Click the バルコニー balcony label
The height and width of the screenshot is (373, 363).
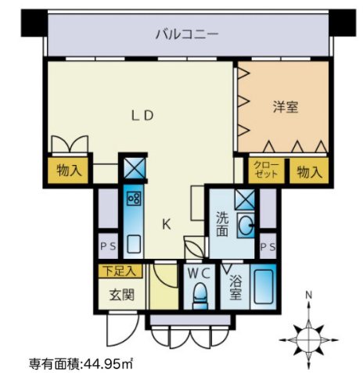[187, 34]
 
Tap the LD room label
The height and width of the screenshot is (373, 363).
[142, 116]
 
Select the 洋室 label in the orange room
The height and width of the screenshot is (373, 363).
[286, 107]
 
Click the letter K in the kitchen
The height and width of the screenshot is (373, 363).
[167, 224]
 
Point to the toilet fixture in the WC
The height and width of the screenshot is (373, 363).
[199, 296]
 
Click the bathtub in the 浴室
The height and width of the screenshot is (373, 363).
[264, 287]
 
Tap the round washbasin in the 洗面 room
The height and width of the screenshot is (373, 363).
[246, 225]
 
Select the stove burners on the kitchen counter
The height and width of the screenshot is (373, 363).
[134, 199]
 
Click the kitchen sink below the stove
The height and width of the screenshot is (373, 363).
[134, 244]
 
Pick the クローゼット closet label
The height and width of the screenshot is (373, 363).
[266, 170]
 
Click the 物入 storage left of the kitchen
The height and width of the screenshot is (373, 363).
[69, 171]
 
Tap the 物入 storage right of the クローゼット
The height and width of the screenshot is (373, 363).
[309, 172]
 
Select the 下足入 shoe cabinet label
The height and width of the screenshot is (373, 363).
[119, 271]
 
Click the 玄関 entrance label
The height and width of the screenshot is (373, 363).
[121, 295]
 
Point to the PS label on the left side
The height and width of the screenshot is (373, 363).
[108, 246]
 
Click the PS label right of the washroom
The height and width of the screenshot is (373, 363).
[268, 246]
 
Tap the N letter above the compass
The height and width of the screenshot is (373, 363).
[309, 295]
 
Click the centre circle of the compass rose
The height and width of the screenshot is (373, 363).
[309, 340]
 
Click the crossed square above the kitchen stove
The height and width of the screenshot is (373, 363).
[135, 168]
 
